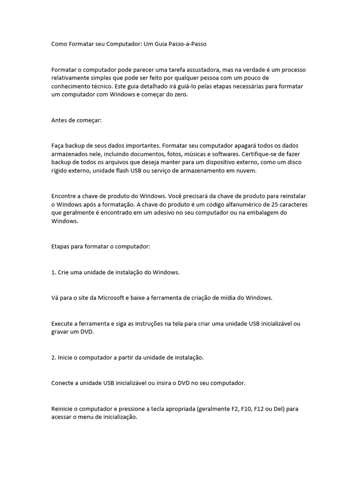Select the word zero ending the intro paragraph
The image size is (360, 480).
[180, 95]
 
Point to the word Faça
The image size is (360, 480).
[58, 146]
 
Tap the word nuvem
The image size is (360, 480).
[248, 171]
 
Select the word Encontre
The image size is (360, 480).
[64, 196]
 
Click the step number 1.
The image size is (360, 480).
[53, 272]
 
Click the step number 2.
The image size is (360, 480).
[53, 357]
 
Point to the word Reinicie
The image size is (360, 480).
[63, 409]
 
